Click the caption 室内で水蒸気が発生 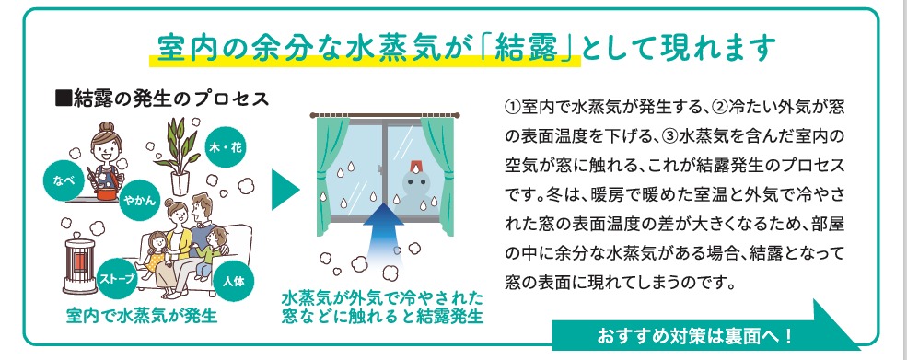[142, 319]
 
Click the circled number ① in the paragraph [514, 109]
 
